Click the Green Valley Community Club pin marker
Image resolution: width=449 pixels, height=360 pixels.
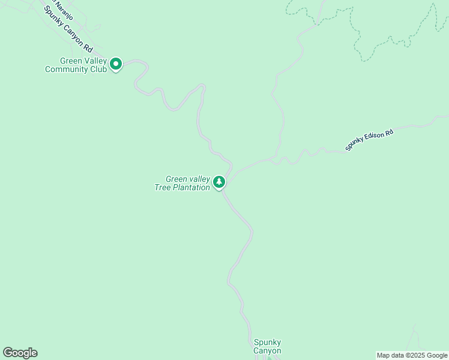[x=116, y=64]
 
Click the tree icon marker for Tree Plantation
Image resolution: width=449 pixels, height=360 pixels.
[x=219, y=182]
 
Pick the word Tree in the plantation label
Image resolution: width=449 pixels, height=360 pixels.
[x=164, y=187]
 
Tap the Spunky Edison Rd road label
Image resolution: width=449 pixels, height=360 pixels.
[x=369, y=139]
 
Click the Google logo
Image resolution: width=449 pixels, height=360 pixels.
[x=20, y=353]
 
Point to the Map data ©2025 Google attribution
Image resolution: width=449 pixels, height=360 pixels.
[x=412, y=355]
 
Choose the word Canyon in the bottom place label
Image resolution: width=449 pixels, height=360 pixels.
[x=267, y=350]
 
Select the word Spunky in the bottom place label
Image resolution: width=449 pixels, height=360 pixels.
[x=267, y=342]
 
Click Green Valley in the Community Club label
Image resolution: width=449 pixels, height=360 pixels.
[x=82, y=61]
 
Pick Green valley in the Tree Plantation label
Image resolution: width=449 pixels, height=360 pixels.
[x=188, y=179]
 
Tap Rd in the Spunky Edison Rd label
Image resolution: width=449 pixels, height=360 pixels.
[x=389, y=131]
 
